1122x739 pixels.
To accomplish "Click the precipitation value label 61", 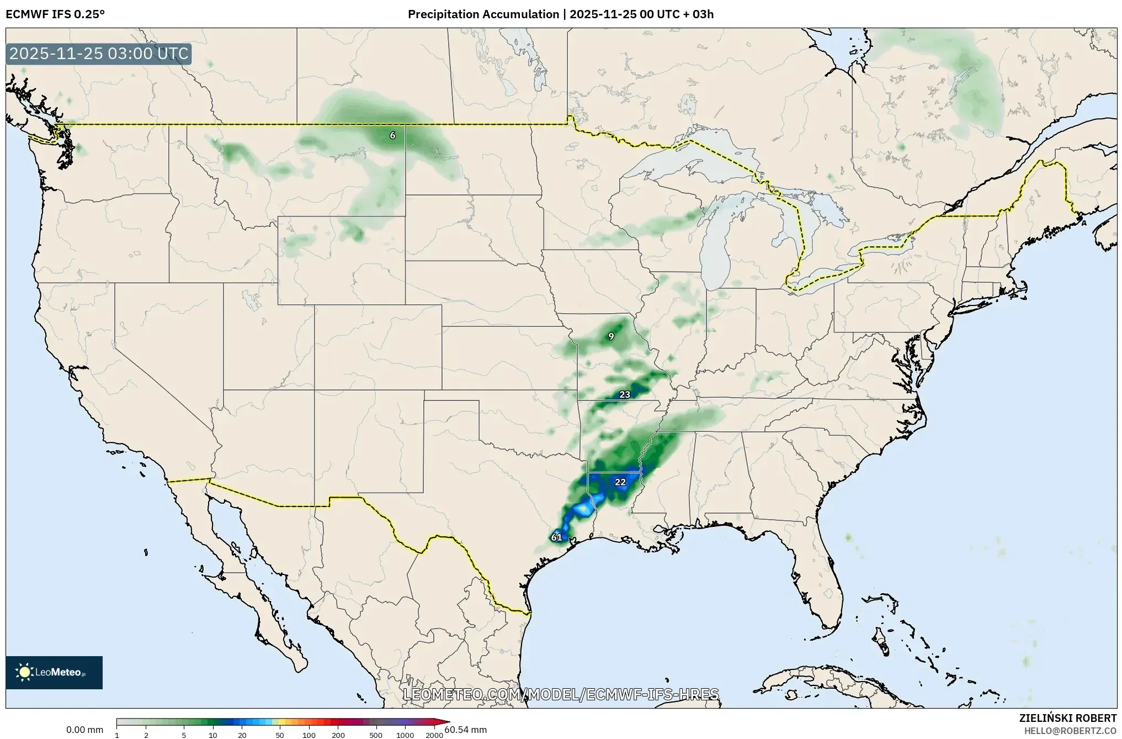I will (556, 537).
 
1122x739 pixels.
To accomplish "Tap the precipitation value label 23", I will (625, 394).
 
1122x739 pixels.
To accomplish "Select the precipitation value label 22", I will (620, 482).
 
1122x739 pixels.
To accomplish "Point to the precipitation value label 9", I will (611, 336).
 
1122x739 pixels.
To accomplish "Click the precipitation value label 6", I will (392, 135).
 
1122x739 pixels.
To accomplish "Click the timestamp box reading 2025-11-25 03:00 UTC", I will (99, 54).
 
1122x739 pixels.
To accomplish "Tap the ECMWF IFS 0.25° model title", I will (55, 14).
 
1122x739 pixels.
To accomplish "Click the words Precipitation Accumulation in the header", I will (483, 14).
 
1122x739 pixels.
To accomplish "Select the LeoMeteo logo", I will (54, 672).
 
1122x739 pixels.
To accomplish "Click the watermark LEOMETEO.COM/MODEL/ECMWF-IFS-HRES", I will (561, 694).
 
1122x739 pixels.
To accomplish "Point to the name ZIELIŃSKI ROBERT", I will (1067, 718).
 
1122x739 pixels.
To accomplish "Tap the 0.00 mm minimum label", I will (84, 730).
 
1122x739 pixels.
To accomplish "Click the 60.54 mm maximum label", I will (466, 730).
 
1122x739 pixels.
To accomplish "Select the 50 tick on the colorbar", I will (280, 735).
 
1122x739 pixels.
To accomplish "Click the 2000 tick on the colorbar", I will (434, 735).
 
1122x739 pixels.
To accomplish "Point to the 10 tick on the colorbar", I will (213, 735).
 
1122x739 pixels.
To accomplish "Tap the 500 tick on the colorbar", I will (376, 735).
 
